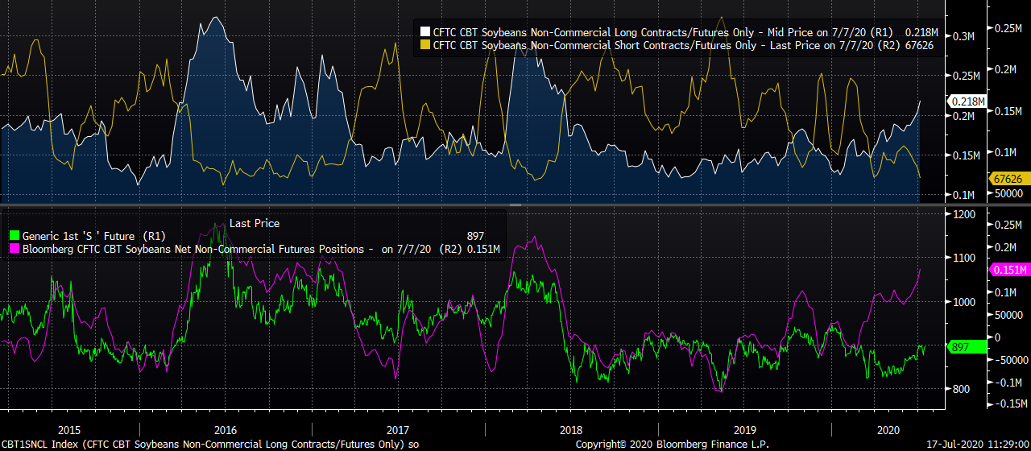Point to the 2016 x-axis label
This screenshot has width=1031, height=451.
click(226, 430)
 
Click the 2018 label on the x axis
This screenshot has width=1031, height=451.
click(571, 430)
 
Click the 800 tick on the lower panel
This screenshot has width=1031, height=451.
click(961, 389)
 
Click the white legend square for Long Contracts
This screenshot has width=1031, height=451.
click(424, 32)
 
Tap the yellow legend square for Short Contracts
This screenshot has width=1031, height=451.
click(424, 46)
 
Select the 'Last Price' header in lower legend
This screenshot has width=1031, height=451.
click(255, 223)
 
